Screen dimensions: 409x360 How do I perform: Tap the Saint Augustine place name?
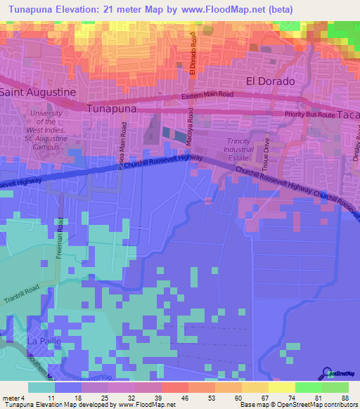(37, 92)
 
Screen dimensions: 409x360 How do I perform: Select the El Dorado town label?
(269, 81)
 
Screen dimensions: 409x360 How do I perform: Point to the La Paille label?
(41, 340)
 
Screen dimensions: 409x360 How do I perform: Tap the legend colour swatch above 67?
(255, 387)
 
